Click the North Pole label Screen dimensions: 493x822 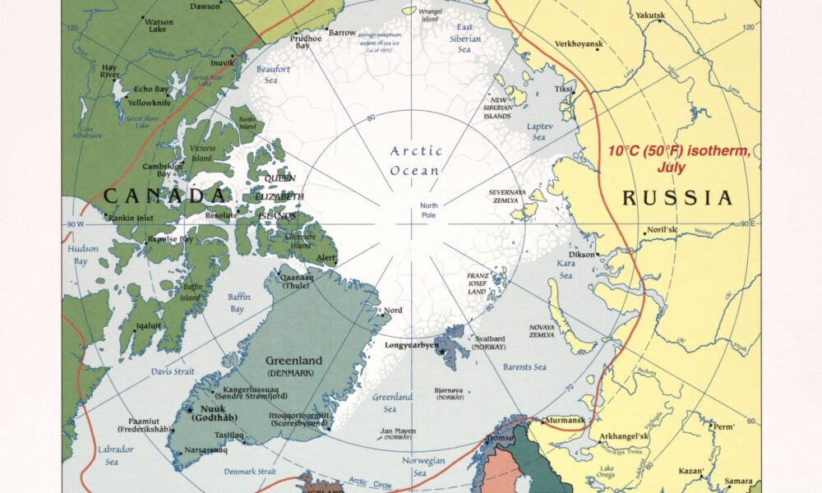[428, 210]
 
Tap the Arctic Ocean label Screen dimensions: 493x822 [416, 160]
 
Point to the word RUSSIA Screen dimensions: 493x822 [677, 198]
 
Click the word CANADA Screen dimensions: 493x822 [164, 196]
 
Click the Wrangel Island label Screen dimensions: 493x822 [431, 16]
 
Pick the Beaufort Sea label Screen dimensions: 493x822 [273, 75]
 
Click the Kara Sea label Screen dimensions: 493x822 [566, 270]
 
